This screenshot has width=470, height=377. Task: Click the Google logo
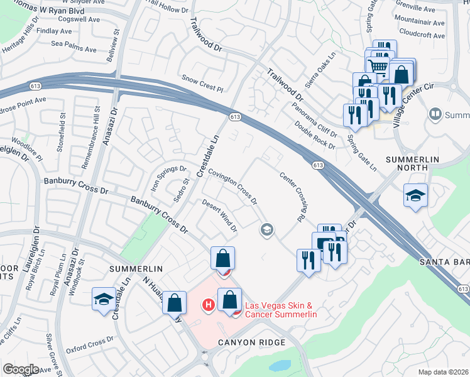point(21,369)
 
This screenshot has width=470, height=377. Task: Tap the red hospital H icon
point(208,306)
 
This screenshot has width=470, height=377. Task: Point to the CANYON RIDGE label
point(251,342)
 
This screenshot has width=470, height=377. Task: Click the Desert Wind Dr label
point(219,216)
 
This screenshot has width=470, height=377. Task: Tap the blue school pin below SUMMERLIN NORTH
point(415,196)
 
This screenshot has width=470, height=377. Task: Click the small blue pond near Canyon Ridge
point(280,365)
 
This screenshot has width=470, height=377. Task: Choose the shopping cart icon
point(377,65)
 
